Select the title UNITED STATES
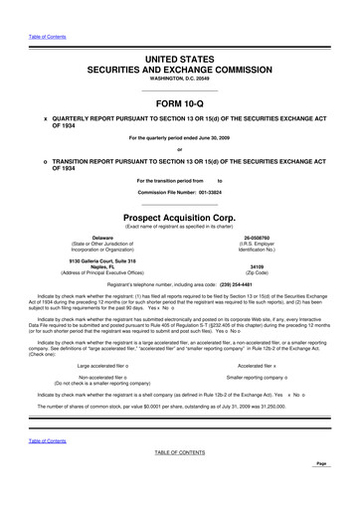(179, 61)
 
